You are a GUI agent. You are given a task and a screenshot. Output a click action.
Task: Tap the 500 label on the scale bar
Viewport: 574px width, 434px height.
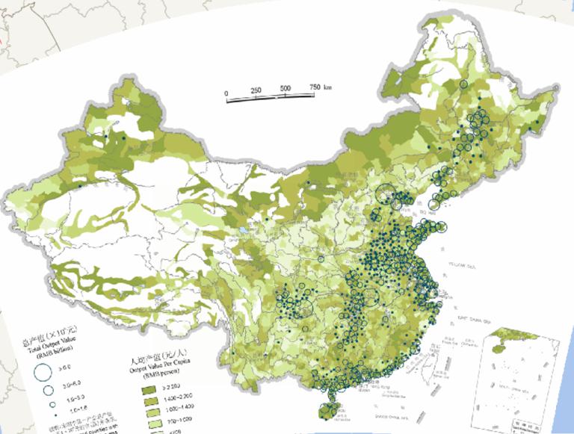pyautogui.click(x=286, y=88)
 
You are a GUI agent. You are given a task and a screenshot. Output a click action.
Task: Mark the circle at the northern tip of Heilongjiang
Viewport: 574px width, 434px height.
pyautogui.click(x=464, y=85)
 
